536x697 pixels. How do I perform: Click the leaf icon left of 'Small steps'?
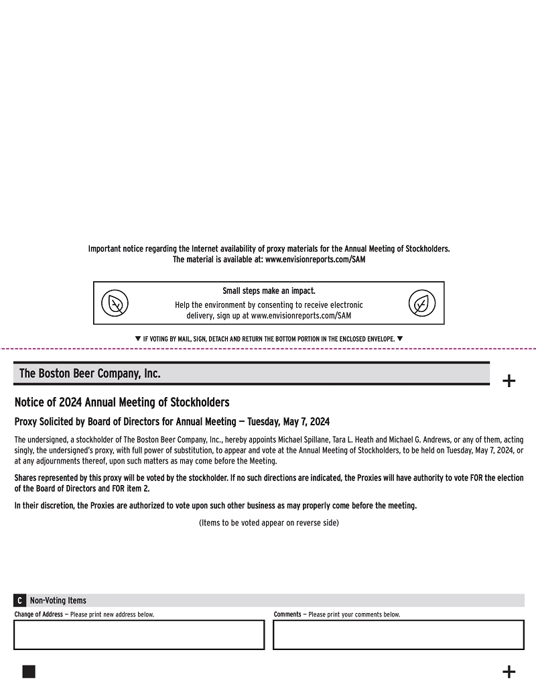click(115, 304)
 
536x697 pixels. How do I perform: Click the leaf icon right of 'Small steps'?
click(422, 304)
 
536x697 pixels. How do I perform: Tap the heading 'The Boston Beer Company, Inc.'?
click(90, 374)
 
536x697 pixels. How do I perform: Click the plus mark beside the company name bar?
click(509, 381)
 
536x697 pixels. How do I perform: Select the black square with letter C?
click(20, 600)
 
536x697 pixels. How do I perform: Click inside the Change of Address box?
click(139, 635)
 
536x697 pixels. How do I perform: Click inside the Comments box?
click(398, 635)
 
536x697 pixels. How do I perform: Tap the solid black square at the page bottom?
click(29, 672)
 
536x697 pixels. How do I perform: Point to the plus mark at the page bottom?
click(509, 672)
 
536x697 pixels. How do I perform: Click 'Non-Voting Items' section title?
click(58, 600)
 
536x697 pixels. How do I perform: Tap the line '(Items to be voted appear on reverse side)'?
click(269, 523)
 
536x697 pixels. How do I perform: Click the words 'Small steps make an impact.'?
click(269, 291)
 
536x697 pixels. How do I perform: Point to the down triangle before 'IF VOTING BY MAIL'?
click(138, 339)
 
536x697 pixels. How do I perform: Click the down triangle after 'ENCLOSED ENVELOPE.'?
click(400, 339)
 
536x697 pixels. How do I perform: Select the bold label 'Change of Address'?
click(39, 614)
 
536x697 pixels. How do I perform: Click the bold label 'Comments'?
click(287, 614)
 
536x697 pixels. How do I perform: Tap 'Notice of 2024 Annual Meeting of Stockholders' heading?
click(122, 403)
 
